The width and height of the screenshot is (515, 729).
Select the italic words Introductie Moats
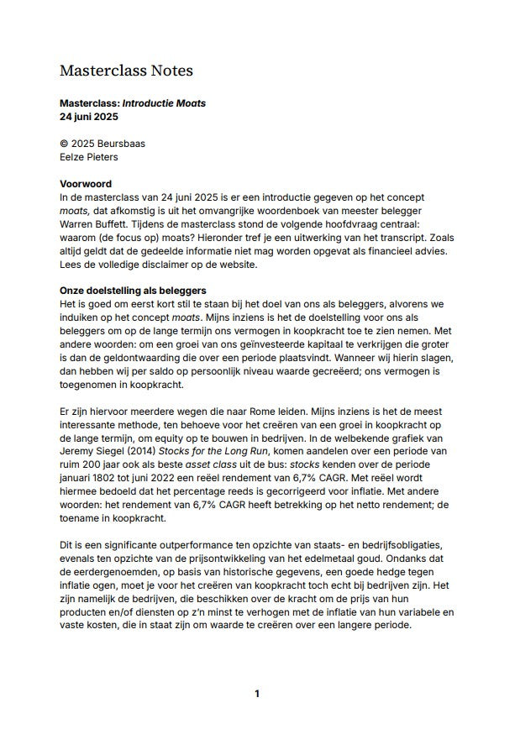164,103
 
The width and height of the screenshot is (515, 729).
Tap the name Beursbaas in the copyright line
121,144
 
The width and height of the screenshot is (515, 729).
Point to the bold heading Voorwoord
86,183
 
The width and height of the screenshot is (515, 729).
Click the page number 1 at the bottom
257,693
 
